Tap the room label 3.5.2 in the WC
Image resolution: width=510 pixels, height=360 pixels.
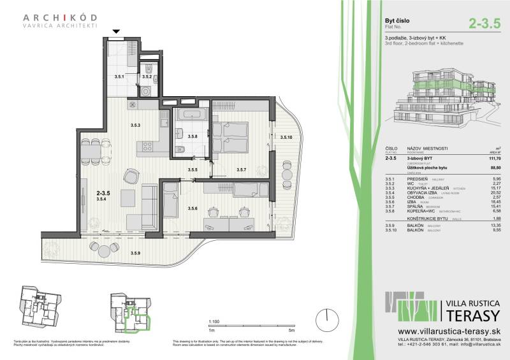(146, 76)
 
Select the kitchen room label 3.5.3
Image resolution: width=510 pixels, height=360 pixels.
(136, 126)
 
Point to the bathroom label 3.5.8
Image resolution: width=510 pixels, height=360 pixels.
(193, 136)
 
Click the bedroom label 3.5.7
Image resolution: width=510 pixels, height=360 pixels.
(241, 170)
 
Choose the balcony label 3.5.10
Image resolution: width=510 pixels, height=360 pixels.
(286, 136)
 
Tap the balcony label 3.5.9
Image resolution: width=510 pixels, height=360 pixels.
(136, 254)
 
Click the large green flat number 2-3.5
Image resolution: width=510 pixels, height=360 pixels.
(484, 25)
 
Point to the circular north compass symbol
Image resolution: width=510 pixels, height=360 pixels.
(327, 316)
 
